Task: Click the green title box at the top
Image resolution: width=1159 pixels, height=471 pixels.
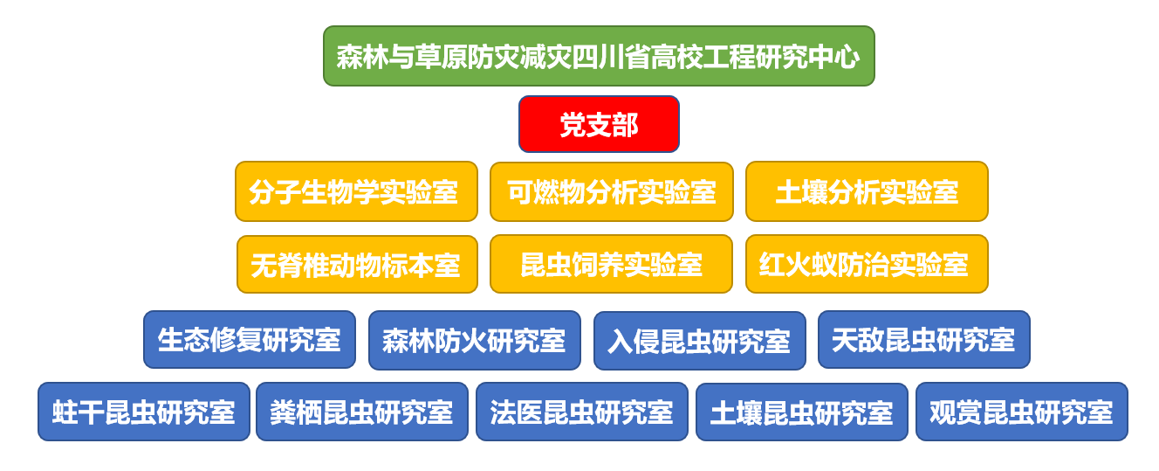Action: pos(599,56)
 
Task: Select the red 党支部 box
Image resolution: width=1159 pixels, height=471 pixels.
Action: pos(599,124)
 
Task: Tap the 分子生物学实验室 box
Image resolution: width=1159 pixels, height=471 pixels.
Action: pos(356,191)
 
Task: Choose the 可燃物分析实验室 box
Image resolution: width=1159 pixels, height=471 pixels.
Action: pos(612,191)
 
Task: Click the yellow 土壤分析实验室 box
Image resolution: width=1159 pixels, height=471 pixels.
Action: pos(867,191)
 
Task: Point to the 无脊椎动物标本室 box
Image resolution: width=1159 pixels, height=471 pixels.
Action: pos(357,264)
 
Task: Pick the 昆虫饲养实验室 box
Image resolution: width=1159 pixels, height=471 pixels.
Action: pos(611,264)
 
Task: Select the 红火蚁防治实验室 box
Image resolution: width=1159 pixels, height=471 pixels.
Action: pos(867,264)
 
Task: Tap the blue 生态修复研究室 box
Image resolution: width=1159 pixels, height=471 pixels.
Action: pos(250,339)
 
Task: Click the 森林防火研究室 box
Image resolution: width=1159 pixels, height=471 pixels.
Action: pos(475,341)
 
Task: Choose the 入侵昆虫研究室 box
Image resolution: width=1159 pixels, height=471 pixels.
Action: pos(700,341)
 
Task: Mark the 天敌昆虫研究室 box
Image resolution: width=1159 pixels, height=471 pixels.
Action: pos(924,339)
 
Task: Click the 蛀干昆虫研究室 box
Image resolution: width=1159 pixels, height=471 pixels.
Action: pos(144,412)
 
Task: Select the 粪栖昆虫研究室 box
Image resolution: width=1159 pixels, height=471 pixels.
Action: pos(362,412)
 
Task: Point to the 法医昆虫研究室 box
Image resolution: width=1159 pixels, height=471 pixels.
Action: pos(582,412)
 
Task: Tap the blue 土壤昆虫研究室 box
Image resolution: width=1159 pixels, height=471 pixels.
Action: pos(802,412)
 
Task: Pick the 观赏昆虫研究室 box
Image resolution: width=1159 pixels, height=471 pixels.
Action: pos(1022,412)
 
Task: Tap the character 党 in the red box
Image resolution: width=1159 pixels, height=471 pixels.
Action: pos(573,125)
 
